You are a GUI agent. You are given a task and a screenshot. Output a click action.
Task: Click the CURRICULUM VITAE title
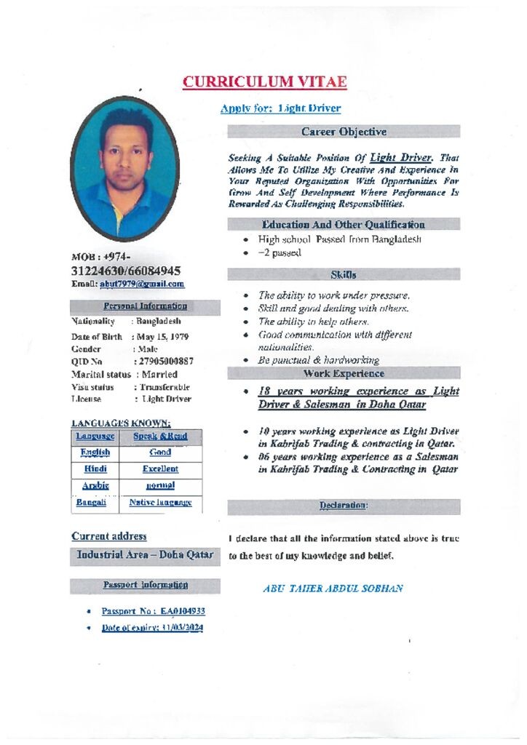click(264, 81)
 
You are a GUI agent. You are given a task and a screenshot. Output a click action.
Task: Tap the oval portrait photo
click(125, 169)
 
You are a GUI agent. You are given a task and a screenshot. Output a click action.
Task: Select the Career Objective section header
click(344, 132)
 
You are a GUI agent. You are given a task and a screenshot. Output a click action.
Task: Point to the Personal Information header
click(145, 306)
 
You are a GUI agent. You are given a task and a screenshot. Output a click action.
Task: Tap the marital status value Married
click(159, 374)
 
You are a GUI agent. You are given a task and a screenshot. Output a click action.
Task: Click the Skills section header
click(344, 274)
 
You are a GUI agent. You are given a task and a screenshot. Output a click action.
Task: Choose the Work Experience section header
click(344, 373)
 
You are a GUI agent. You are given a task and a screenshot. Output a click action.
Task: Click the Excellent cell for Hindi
click(160, 469)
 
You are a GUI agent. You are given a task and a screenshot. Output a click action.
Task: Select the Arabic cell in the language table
click(95, 485)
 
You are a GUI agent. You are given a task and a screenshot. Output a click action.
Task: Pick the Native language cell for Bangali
click(160, 502)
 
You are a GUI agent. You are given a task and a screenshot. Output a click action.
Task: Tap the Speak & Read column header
click(160, 437)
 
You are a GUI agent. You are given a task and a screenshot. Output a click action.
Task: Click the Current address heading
click(109, 536)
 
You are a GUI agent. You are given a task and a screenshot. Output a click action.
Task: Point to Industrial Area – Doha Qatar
click(145, 554)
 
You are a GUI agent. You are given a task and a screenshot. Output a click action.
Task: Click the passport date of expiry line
click(152, 627)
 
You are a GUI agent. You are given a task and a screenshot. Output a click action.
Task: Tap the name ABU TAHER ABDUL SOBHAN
click(333, 589)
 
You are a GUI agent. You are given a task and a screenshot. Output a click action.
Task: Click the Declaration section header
click(344, 505)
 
